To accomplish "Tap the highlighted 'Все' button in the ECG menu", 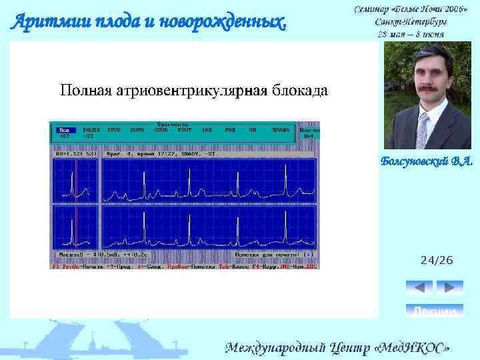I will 64,130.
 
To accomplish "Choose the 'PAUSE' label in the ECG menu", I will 91,130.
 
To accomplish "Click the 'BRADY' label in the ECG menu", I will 281,130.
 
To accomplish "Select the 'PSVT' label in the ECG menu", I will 183,130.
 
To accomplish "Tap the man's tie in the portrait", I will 422,130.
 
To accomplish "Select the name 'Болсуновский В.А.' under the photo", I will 426,161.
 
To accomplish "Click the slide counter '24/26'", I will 436,260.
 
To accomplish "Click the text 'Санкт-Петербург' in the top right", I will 411,21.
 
